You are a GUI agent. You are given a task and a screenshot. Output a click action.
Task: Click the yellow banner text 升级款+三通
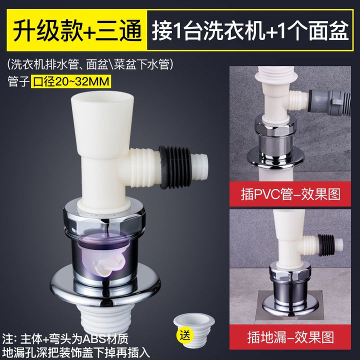click(x=77, y=30)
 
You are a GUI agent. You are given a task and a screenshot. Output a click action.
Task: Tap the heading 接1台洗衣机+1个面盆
click(x=250, y=30)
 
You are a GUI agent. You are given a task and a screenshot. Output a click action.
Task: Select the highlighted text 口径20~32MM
click(x=71, y=81)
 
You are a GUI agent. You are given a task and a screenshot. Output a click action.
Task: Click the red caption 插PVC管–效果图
click(x=290, y=194)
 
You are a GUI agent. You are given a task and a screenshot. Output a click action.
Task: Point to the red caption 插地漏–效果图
click(x=290, y=337)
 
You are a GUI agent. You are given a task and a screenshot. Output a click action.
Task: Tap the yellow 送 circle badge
click(x=184, y=336)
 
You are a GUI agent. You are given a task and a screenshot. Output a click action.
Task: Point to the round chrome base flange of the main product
click(x=105, y=289)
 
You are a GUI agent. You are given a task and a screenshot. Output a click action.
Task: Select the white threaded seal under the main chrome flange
click(x=104, y=318)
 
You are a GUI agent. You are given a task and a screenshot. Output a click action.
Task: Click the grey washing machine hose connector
click(x=329, y=101)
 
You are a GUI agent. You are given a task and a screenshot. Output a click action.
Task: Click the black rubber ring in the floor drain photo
click(x=325, y=244)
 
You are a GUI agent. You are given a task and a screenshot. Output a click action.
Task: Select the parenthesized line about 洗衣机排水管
click(x=90, y=64)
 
